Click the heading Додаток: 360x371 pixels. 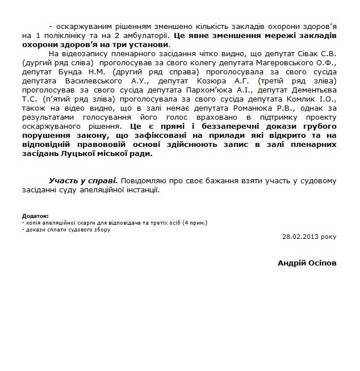click(x=34, y=217)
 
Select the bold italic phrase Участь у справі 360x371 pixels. click(x=82, y=181)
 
